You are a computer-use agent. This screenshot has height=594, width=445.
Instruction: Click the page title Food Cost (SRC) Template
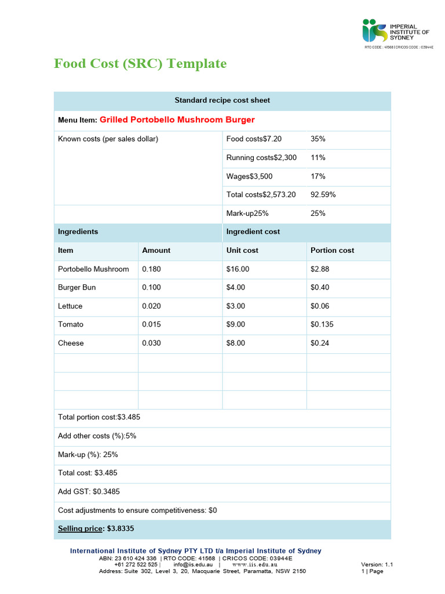140,63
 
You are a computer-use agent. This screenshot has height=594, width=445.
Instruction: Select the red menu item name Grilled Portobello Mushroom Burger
177,120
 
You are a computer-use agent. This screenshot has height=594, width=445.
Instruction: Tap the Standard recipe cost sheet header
222,100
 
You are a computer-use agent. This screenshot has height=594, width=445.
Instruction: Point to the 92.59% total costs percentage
323,194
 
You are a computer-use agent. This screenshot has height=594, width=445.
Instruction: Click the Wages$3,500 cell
249,176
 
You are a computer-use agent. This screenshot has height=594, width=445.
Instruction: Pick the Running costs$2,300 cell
261,158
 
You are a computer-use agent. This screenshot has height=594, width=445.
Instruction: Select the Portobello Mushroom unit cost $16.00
238,269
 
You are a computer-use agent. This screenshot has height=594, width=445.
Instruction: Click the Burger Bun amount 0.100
152,288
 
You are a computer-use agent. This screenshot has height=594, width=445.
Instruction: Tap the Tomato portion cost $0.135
322,325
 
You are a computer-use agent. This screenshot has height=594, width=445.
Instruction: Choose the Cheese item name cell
71,343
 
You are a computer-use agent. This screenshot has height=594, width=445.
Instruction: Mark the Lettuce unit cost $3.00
236,306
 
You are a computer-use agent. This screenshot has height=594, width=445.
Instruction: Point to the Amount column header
156,251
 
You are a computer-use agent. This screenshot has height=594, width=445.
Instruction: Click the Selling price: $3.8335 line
96,529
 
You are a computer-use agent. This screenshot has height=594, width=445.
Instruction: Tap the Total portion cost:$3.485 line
99,417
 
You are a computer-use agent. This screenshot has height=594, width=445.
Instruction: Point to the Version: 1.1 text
377,564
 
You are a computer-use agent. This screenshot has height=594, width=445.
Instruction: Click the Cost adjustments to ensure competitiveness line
137,510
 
